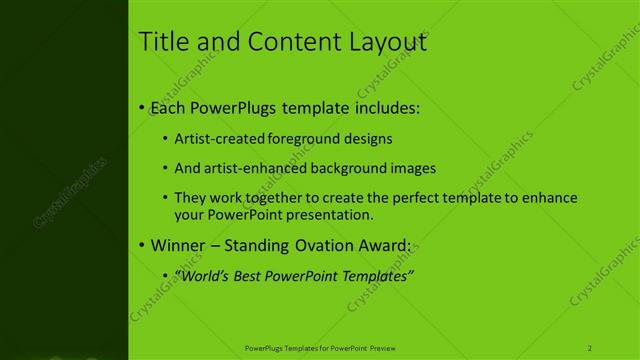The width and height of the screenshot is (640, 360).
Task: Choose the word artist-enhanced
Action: [x=249, y=168]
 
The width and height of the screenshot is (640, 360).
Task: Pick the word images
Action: [x=414, y=168]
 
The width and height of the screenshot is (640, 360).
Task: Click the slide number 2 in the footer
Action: [x=590, y=348]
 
